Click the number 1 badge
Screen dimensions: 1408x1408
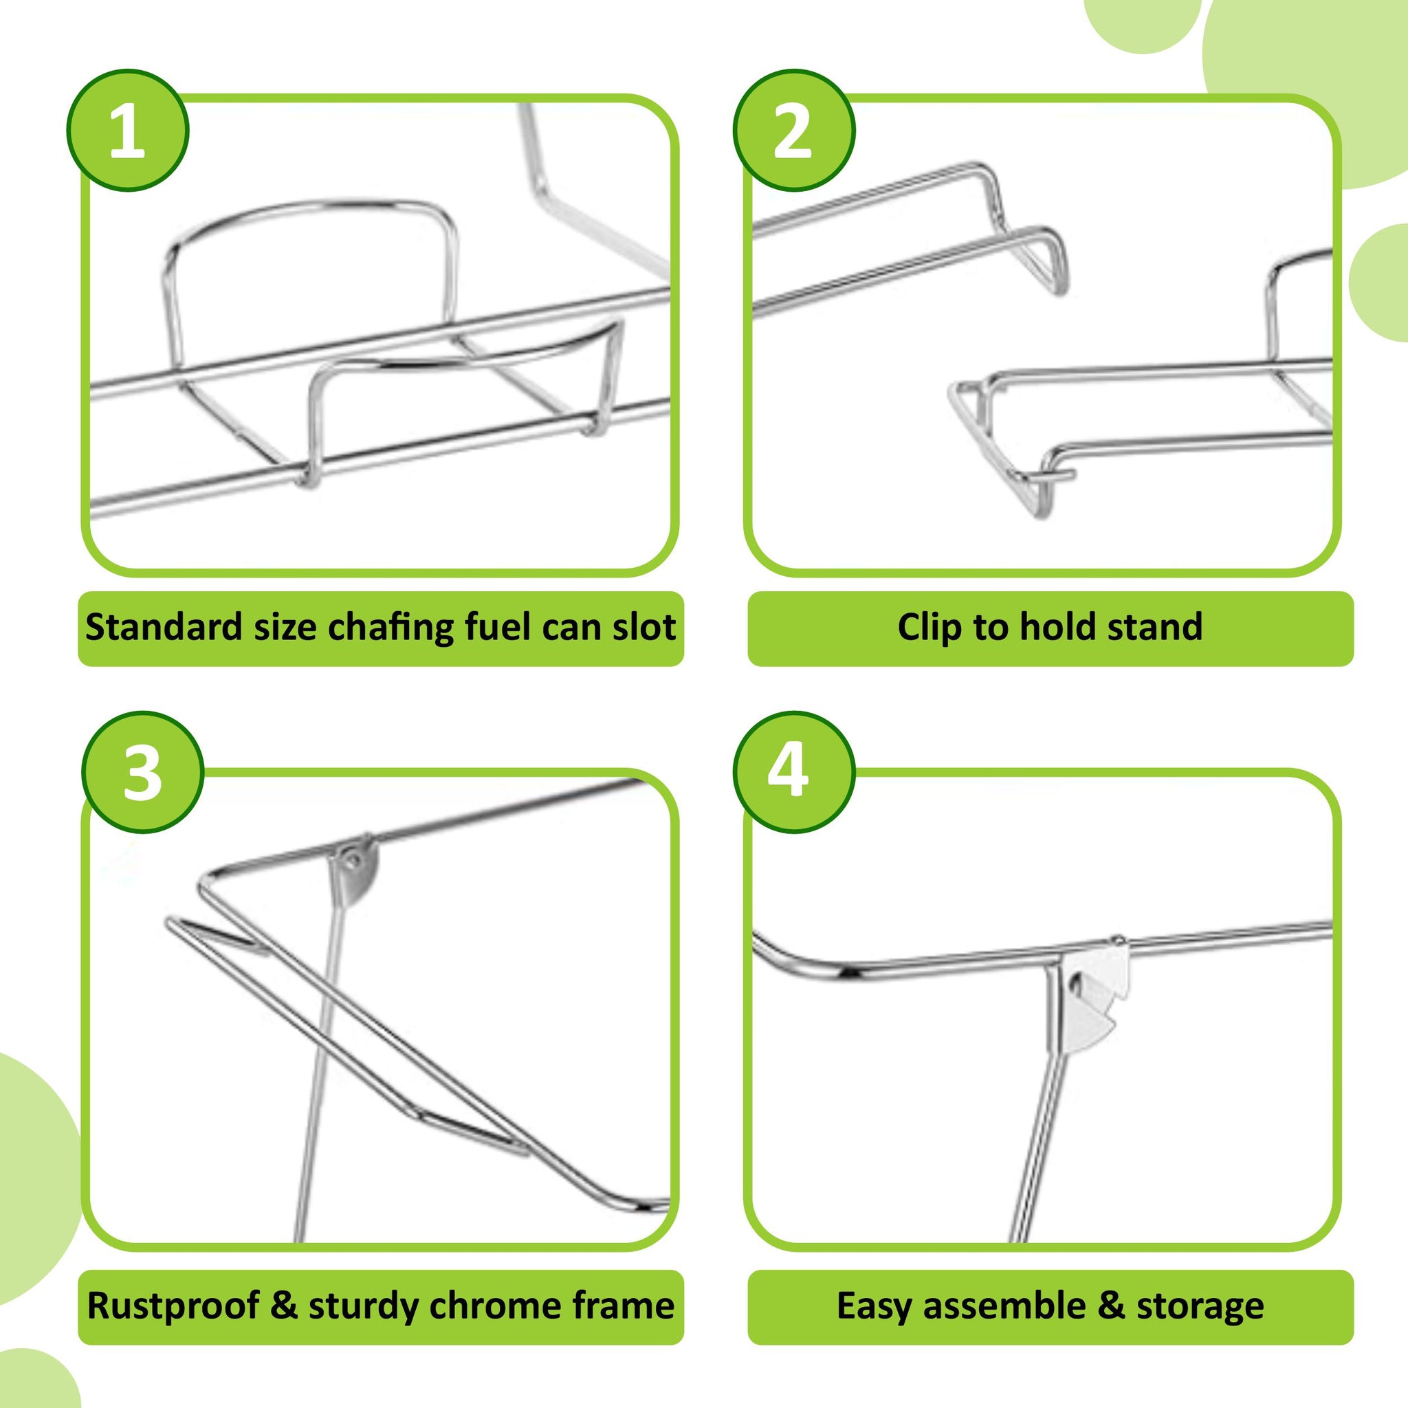(x=128, y=131)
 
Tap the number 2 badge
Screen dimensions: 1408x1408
(x=793, y=131)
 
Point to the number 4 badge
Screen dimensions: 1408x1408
(x=793, y=772)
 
